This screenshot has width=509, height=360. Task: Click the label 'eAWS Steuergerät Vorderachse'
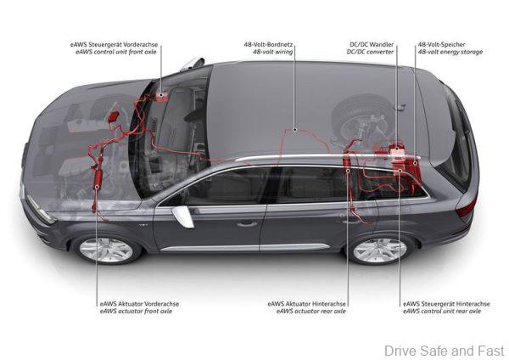coord(114,44)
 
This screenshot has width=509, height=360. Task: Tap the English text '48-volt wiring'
coord(272,52)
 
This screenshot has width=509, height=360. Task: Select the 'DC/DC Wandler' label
coord(372,44)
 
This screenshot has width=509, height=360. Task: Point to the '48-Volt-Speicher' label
coord(441,44)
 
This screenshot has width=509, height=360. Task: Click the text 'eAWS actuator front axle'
coord(136,311)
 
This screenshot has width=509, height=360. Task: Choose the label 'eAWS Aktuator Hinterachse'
coord(307,304)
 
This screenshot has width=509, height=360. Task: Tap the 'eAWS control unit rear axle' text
coord(442,311)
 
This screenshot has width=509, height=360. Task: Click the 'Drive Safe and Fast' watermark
coord(444,351)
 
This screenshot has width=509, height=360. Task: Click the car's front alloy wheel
coord(106,250)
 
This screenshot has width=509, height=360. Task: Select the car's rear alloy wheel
coord(380,250)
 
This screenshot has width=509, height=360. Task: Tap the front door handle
coord(247,223)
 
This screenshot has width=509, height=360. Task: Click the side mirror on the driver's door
coord(183,216)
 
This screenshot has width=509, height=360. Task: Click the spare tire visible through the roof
coord(360,115)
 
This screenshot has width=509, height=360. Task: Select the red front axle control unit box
coord(161,97)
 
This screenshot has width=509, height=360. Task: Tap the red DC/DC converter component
coord(397,151)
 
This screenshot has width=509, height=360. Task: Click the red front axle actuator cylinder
coord(98,178)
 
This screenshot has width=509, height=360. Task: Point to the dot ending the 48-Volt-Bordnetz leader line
coord(294,129)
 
